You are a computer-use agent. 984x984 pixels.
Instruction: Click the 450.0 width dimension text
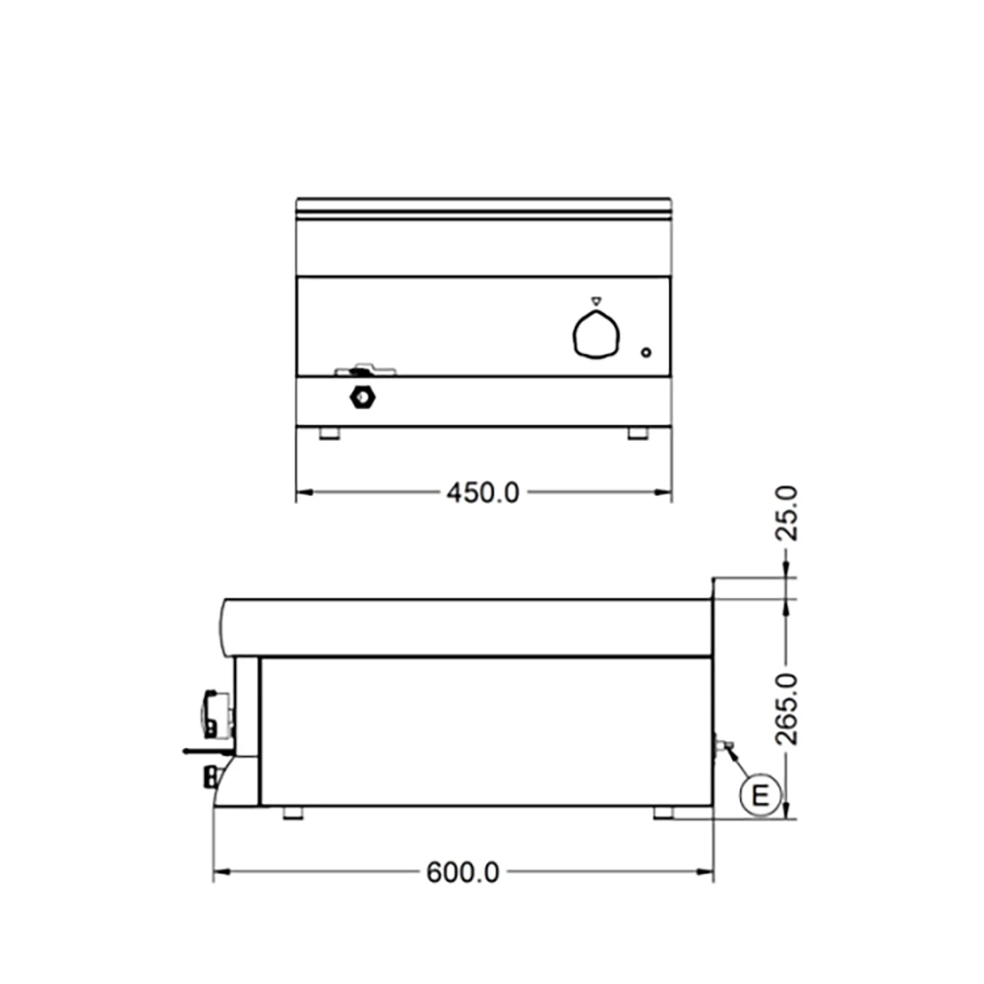pos(482,491)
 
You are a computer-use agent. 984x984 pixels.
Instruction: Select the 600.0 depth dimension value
pos(462,872)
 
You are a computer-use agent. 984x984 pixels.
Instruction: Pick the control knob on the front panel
pos(596,335)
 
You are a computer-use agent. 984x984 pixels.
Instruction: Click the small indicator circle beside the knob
pos(646,352)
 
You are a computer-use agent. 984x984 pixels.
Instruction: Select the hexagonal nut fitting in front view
pos(363,397)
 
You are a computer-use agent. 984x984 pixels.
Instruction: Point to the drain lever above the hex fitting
pos(364,371)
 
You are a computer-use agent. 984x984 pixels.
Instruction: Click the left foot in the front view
pos(330,433)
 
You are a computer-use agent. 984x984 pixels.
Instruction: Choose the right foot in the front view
pos(639,433)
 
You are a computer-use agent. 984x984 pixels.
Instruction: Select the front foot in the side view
pos(292,812)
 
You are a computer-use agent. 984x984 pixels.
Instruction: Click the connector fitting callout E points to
pos(723,746)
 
